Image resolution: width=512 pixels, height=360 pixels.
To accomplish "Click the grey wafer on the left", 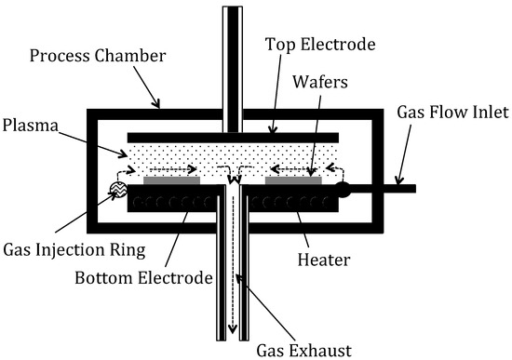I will coord(171,179).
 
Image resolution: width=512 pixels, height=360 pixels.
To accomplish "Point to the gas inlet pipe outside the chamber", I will coord(391,189).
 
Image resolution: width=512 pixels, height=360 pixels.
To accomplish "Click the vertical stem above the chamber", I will coord(233,56).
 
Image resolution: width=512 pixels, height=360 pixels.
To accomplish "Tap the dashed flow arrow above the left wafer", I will coord(172,169).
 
